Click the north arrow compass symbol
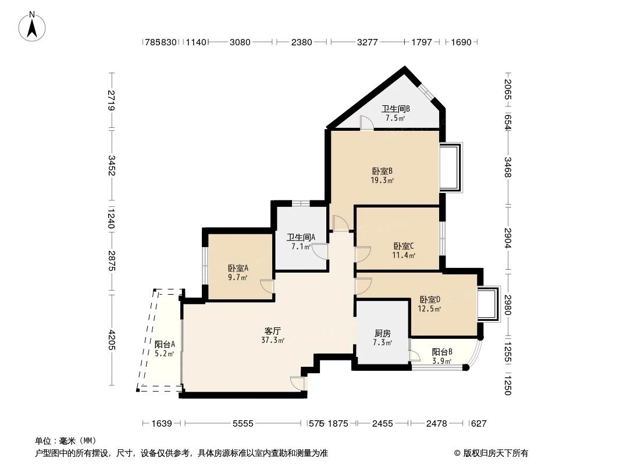[x=33, y=27]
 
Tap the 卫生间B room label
[x=395, y=109]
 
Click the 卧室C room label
[x=404, y=246]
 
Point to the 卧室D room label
[x=430, y=299]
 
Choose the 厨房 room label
[x=382, y=333]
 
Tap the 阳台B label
[x=442, y=352]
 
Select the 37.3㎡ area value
[x=273, y=340]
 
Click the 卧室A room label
[x=238, y=268]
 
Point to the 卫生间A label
[x=301, y=237]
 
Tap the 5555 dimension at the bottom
[x=244, y=424]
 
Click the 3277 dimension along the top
[x=366, y=42]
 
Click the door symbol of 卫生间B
[x=366, y=123]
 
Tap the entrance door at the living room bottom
[x=297, y=384]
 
